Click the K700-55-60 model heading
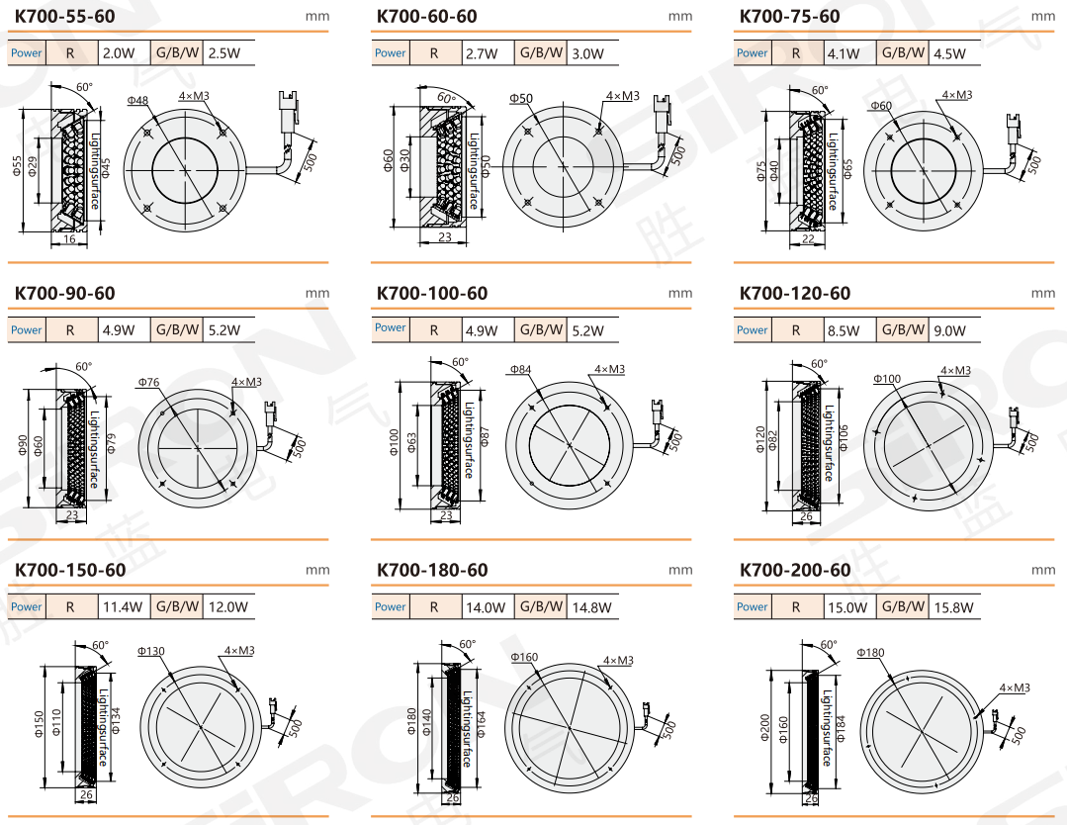[64, 17]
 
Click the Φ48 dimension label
[137, 101]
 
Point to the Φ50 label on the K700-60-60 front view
[521, 99]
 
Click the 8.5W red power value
[844, 330]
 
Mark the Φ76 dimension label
[149, 383]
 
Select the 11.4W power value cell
[123, 607]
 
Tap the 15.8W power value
[953, 607]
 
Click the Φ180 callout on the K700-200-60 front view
[870, 653]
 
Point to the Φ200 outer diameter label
[764, 728]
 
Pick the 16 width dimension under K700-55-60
[69, 239]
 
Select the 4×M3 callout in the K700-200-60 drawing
[1014, 688]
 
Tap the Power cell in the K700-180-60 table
[390, 606]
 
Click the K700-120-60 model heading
[795, 294]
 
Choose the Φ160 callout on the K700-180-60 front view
[525, 658]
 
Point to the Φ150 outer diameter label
[39, 724]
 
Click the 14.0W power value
[486, 607]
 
